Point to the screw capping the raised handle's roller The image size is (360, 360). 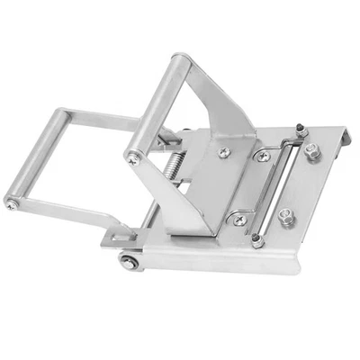(132, 159)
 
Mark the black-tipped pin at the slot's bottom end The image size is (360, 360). (259, 238)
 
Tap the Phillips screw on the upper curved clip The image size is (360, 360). (262, 157)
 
